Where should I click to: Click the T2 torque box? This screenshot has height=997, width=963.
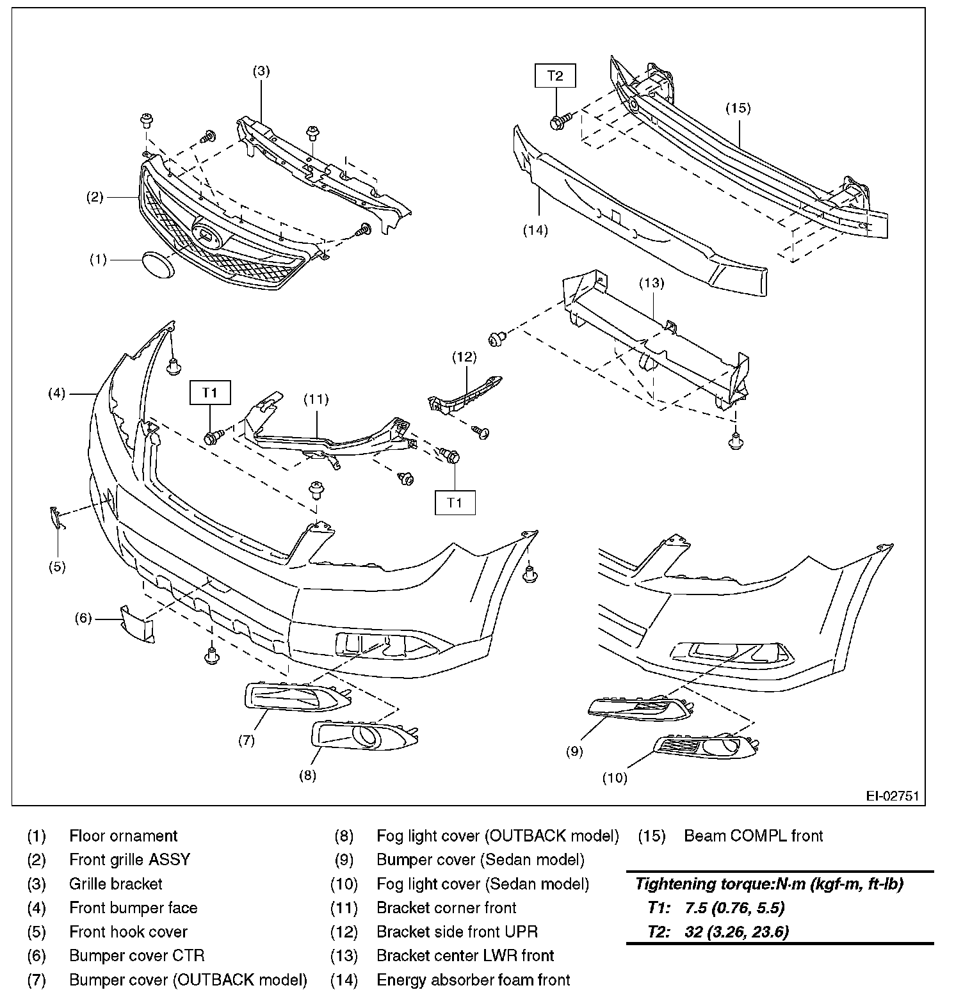pos(555,76)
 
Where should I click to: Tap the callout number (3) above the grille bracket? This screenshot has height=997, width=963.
pos(260,71)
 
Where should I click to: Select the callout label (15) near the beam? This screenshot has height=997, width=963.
pos(738,108)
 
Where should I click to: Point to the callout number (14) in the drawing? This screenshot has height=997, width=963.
pos(535,230)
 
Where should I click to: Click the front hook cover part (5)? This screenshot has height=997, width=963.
pos(57,518)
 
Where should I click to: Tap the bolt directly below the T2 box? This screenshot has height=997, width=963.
pos(558,120)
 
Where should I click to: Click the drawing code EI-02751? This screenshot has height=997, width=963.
pos(892,796)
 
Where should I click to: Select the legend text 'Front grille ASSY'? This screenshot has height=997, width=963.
pos(129,859)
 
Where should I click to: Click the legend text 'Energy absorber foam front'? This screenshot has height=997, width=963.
pos(473,980)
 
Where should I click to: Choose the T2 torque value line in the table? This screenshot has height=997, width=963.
pos(718,931)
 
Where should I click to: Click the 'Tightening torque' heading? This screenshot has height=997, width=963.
pos(768,884)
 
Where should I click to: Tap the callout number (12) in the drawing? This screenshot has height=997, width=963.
pos(464,357)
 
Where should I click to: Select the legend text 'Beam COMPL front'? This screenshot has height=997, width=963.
pos(754,836)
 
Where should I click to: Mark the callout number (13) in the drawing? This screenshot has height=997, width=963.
pos(651,282)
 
